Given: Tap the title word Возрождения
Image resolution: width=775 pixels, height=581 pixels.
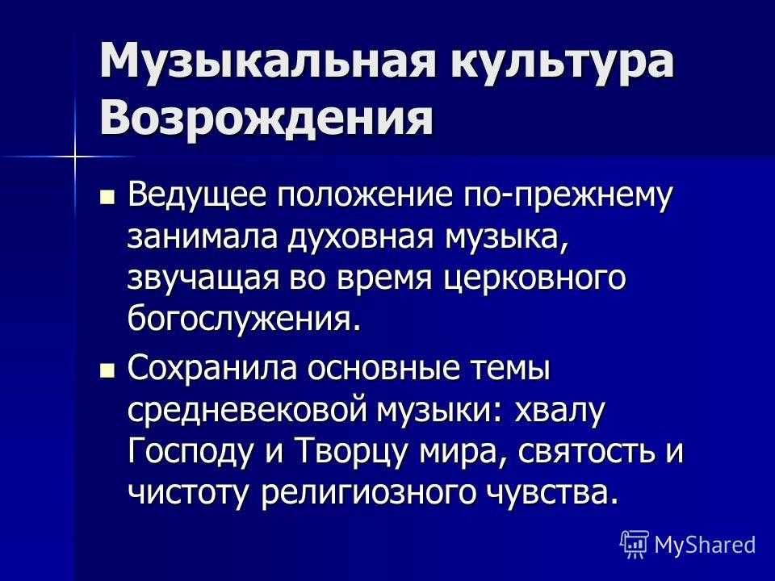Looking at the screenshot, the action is tap(266, 118).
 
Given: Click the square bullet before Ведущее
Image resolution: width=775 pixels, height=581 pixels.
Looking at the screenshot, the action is tap(107, 198).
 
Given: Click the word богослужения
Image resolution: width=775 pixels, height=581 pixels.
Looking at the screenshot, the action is tap(239, 321).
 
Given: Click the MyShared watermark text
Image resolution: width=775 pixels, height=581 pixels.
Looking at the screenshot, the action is tap(705, 545).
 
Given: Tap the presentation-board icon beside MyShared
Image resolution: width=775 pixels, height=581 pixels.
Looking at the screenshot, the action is tap(635, 544).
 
